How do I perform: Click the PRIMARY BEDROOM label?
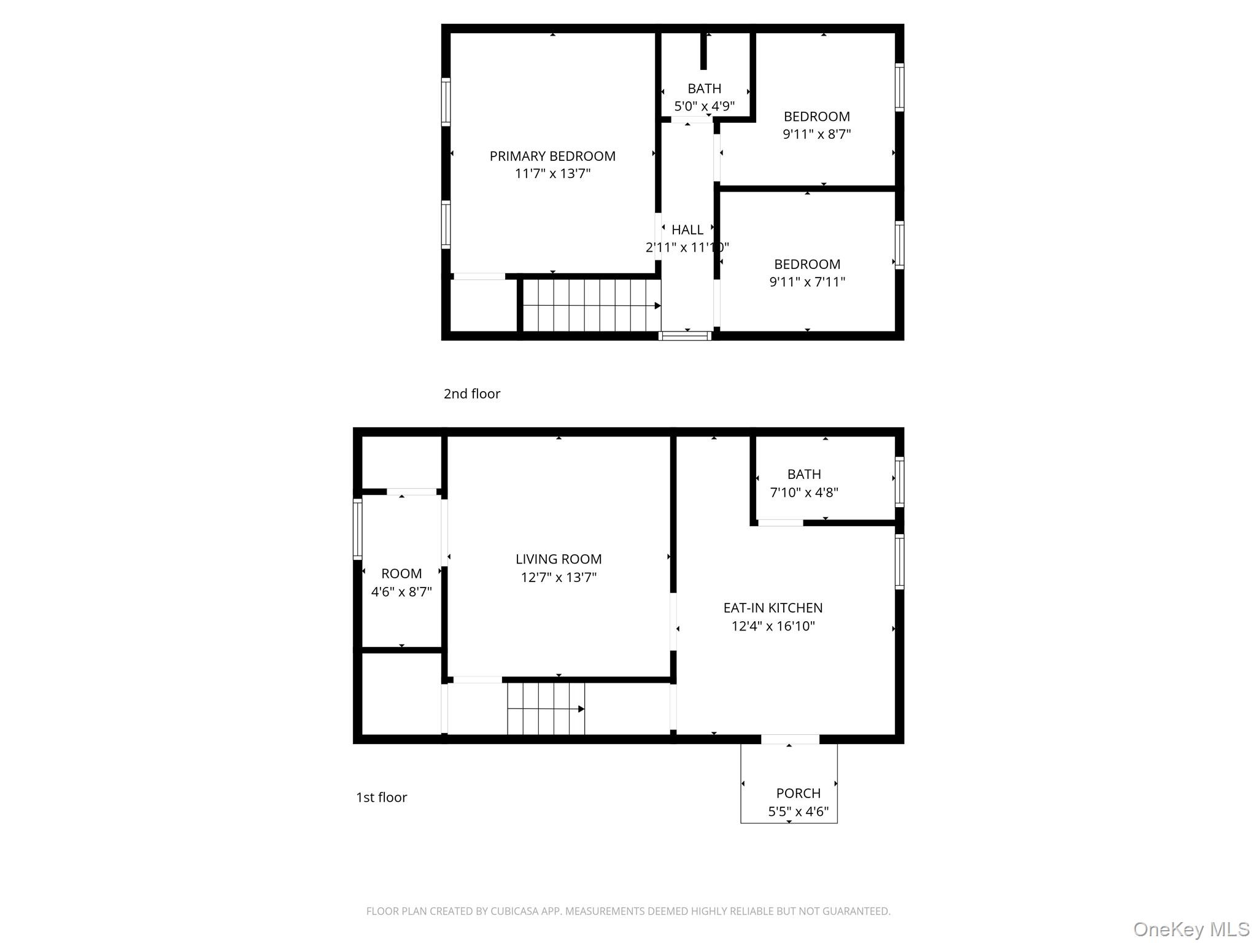pos(552,156)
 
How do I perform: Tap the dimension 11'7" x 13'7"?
pos(552,174)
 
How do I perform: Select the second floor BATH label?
pos(704,88)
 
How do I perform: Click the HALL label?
pos(687,230)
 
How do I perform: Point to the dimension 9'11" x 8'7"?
pos(816,134)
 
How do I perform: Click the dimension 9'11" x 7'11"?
pos(807,282)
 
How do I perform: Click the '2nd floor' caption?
pos(471,394)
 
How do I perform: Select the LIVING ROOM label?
pos(559,559)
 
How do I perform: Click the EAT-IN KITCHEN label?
pos(773,608)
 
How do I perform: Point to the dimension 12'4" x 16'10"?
pos(773,626)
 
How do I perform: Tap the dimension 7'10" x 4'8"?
pos(804,492)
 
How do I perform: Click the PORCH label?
pos(798,793)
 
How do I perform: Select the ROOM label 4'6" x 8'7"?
pos(401,573)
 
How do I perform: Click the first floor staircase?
pos(546,708)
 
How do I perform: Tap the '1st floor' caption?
pos(381,797)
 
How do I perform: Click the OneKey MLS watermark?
pos(1191,929)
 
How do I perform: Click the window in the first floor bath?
pos(899,481)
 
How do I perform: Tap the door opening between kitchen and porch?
pos(790,739)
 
